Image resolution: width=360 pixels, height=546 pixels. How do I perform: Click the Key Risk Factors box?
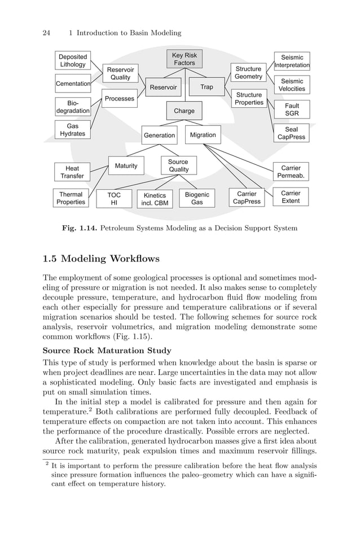[x=184, y=59]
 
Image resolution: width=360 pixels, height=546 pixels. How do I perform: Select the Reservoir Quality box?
[x=120, y=73]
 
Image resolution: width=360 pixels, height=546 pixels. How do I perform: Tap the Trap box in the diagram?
[x=207, y=87]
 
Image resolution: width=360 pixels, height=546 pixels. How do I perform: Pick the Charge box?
[x=184, y=111]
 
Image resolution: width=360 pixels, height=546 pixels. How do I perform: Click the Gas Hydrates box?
[x=73, y=130]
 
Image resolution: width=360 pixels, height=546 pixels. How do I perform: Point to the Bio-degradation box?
[x=73, y=107]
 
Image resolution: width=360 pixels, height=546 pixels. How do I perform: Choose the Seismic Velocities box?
[x=292, y=85]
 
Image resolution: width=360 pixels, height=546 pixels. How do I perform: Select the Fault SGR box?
[x=292, y=110]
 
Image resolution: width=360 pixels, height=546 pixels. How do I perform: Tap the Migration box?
[x=203, y=135]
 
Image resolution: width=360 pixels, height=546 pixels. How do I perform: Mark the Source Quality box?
[x=178, y=165]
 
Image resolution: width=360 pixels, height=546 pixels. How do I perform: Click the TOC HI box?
[x=113, y=199]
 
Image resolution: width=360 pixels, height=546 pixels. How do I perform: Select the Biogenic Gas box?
[x=197, y=198]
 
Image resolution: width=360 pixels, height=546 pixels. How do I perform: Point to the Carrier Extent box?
[x=291, y=197]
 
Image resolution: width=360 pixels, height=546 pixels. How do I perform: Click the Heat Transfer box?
[x=72, y=172]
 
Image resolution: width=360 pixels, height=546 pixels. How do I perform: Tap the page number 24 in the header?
[x=47, y=33]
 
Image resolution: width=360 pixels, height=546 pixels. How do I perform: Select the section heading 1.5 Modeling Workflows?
[x=102, y=259]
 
